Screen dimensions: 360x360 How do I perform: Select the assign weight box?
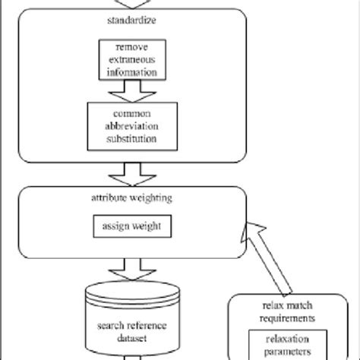pos(127,226)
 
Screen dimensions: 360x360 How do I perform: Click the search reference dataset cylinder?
pos(128,319)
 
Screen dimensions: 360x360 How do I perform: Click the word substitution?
pos(128,139)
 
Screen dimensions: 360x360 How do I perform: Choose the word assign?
pos(114,226)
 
